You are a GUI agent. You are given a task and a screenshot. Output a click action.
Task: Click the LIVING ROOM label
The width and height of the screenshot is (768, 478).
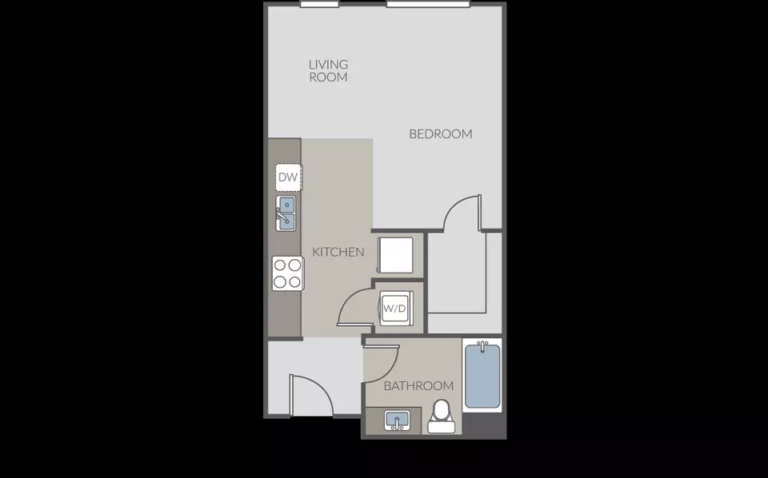point(328,70)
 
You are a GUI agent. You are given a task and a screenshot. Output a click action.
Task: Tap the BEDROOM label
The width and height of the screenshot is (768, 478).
point(440,133)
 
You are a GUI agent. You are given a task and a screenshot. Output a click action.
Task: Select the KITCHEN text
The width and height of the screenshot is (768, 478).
point(338,252)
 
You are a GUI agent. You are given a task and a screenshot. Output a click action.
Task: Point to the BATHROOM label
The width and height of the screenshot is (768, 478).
point(418,386)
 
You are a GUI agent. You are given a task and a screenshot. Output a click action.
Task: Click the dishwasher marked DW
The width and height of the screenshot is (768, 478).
point(289,177)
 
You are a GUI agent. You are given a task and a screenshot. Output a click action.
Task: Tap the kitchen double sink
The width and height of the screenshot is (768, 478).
point(286,213)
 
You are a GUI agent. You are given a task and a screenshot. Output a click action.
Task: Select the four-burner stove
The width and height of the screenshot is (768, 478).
point(288,273)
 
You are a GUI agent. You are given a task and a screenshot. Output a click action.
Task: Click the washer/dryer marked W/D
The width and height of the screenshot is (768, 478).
point(394,309)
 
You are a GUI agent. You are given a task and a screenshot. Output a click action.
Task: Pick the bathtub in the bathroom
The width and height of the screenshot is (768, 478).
point(482,376)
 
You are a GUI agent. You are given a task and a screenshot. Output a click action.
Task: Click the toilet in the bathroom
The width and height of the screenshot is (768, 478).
point(442,416)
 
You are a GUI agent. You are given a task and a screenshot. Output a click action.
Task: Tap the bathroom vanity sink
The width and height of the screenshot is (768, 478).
point(397,420)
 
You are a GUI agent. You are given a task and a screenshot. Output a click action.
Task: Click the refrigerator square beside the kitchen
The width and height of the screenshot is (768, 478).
point(395,255)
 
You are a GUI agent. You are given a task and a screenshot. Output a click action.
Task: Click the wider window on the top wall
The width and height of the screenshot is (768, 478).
point(429,5)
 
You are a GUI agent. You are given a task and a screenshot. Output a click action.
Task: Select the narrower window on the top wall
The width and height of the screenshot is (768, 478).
point(319,5)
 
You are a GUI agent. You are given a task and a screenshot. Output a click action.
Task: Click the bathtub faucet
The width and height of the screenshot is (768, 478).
point(483,346)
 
